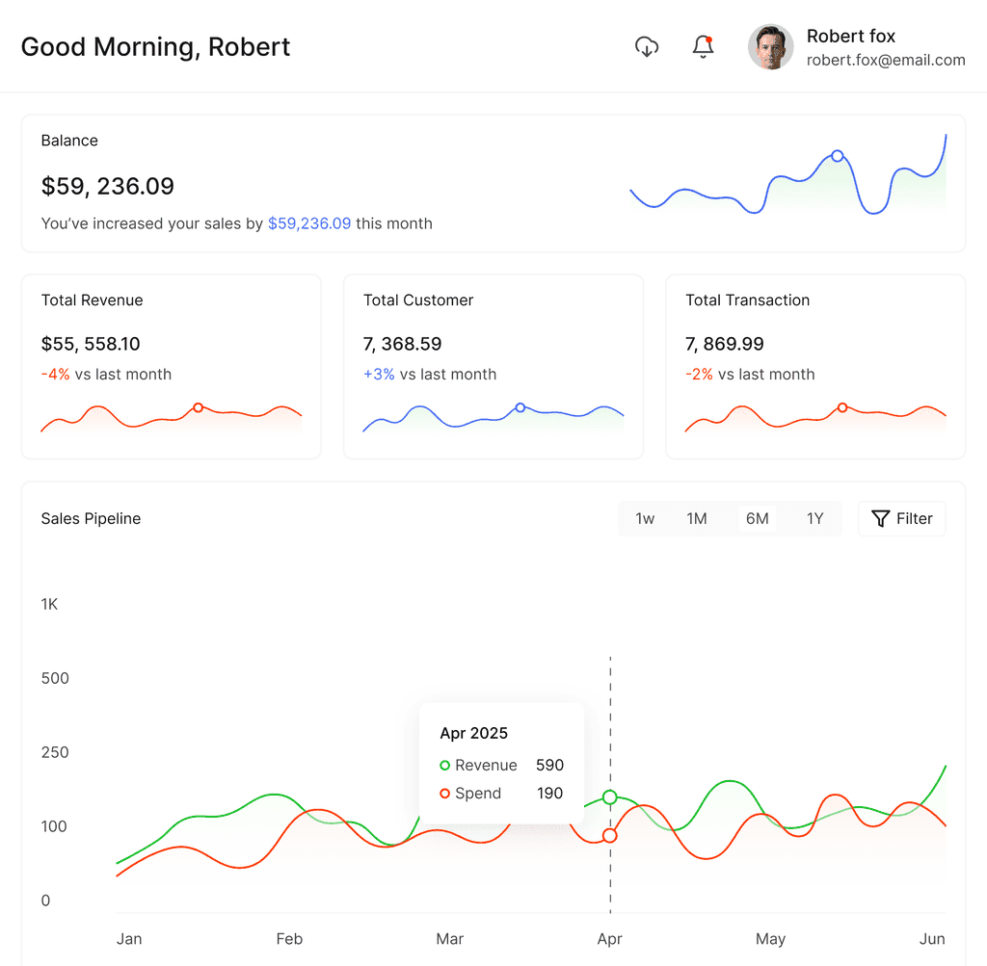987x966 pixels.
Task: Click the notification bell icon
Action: (x=703, y=47)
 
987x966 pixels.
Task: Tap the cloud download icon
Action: (x=647, y=47)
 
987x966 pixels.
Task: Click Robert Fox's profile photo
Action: (x=770, y=47)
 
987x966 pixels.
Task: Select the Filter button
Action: (x=901, y=519)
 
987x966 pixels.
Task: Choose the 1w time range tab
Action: (x=645, y=519)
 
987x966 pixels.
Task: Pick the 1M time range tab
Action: (x=696, y=519)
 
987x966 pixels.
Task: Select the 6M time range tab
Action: (x=758, y=519)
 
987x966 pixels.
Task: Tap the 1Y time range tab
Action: (x=815, y=519)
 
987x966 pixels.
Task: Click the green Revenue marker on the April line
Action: (x=610, y=797)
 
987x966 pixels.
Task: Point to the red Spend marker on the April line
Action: (x=610, y=836)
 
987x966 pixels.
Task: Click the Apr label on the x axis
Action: (x=609, y=939)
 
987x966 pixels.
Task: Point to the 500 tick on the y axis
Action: (x=55, y=679)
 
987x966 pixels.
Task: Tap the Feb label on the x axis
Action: (x=289, y=939)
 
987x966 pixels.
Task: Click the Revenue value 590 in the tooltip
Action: (x=549, y=766)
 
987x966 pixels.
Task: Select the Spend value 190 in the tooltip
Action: (x=549, y=794)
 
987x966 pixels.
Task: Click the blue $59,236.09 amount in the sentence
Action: (x=309, y=223)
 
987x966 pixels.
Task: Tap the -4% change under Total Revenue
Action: (x=55, y=375)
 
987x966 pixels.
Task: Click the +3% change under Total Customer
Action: (x=379, y=375)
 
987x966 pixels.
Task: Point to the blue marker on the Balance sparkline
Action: (x=838, y=156)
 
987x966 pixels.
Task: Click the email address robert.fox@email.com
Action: (x=886, y=61)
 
